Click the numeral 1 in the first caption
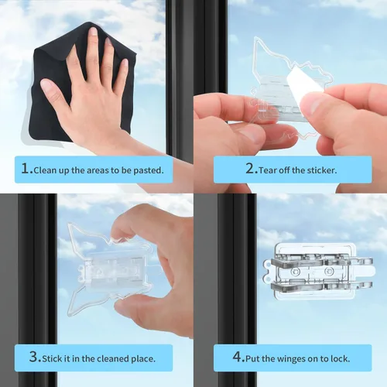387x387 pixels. (x=26, y=169)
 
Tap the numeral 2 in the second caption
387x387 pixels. (x=250, y=169)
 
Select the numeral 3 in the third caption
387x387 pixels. (x=34, y=357)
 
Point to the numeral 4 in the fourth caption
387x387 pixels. (x=237, y=357)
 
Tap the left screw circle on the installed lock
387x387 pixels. (x=295, y=272)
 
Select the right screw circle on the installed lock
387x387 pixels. (x=329, y=271)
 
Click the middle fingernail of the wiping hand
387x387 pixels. (x=94, y=32)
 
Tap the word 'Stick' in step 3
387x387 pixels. (x=52, y=358)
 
